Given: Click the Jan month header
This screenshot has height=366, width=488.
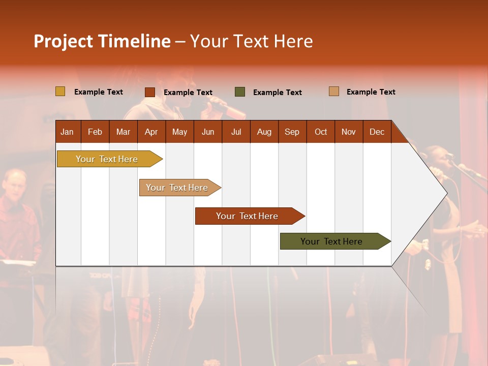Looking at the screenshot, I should click(67, 132).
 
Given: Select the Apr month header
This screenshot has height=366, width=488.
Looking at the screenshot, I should click(151, 132).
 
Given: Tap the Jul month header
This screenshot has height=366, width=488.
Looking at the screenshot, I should click(236, 132).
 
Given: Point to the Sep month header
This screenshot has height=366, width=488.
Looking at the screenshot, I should click(292, 132).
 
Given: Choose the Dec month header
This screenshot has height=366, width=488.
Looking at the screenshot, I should click(377, 132).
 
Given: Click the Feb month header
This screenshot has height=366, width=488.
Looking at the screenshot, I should click(95, 132).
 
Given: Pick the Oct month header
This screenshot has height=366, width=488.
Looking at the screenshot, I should click(321, 132).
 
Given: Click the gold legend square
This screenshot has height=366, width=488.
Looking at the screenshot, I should click(60, 91).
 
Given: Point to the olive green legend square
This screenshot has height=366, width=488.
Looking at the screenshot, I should click(240, 92).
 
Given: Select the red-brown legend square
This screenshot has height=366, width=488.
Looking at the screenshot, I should click(150, 92).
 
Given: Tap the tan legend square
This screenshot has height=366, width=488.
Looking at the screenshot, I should click(334, 91).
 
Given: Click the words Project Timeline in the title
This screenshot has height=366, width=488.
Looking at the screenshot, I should click(102, 41).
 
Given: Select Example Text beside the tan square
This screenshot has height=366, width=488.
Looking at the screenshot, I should click(371, 92).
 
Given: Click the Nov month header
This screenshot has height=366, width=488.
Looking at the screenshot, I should click(348, 132).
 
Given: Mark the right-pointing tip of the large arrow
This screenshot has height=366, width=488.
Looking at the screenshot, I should click(446, 193).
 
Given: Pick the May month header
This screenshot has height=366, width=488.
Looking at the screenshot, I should click(179, 132).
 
